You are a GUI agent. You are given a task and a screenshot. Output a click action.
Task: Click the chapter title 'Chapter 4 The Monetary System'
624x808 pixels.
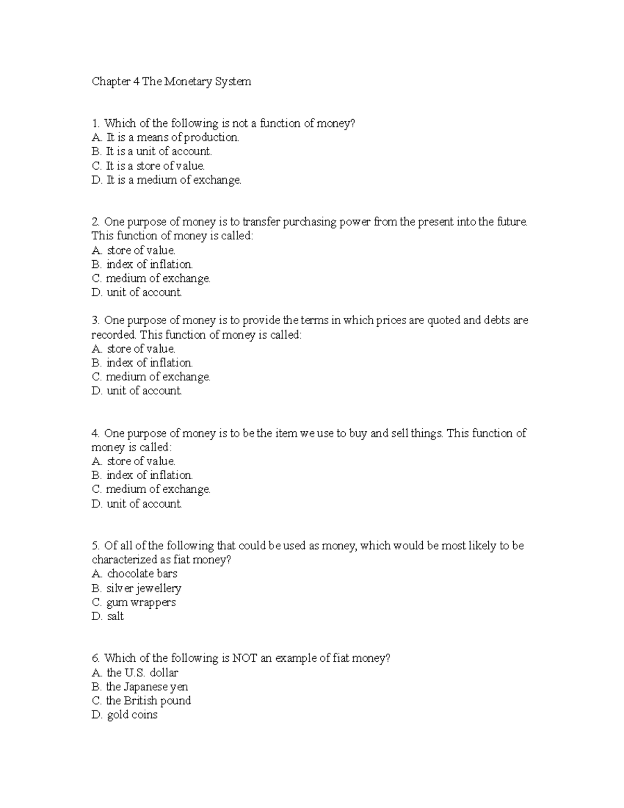(x=171, y=82)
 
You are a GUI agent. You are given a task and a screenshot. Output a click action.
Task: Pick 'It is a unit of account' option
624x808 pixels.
(x=152, y=151)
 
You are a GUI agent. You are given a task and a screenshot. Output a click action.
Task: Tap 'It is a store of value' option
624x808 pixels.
(x=148, y=166)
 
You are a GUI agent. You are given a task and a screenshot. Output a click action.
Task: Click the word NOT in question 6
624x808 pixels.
(x=244, y=658)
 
